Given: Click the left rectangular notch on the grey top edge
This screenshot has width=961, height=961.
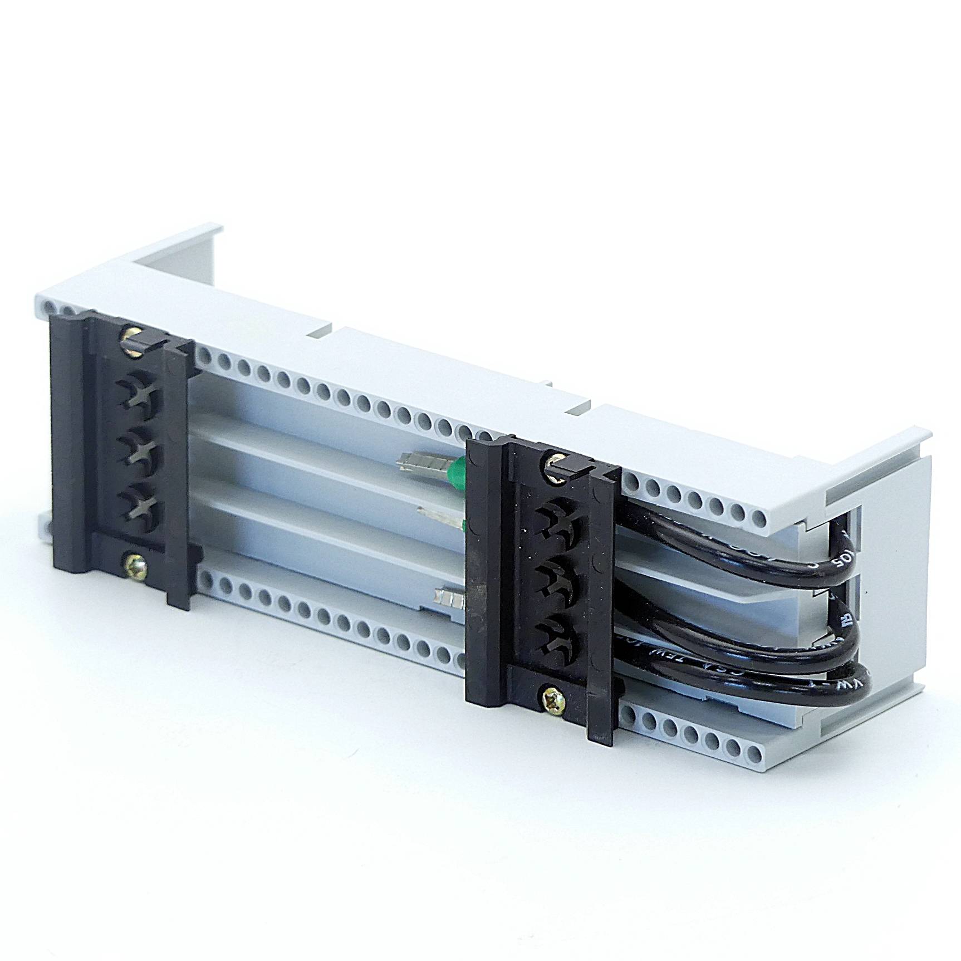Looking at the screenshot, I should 321,332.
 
